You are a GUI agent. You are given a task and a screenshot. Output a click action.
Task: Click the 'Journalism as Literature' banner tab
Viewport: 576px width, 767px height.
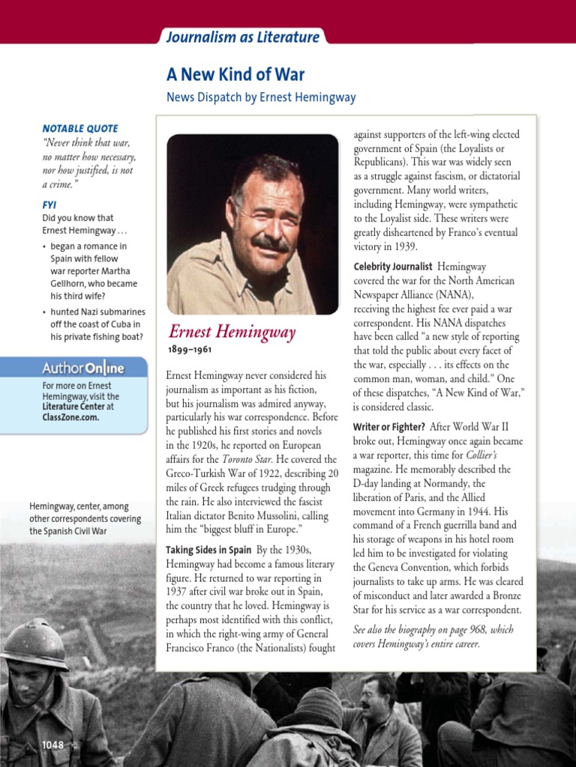click(242, 37)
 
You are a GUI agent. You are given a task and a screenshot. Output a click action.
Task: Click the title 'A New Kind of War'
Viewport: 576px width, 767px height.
click(235, 74)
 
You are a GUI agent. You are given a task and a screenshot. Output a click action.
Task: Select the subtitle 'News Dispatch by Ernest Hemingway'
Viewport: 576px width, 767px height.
click(261, 97)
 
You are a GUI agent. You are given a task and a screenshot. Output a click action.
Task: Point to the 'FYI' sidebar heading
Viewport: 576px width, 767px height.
click(49, 204)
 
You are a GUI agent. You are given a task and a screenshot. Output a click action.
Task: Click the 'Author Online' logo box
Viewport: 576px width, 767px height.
click(82, 368)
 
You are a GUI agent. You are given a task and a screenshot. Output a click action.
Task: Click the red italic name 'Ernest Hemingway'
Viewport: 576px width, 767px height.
click(232, 332)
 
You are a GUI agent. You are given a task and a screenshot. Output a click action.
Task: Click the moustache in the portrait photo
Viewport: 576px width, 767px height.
click(269, 243)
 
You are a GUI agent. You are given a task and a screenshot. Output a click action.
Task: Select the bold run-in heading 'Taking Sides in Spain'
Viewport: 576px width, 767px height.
click(208, 551)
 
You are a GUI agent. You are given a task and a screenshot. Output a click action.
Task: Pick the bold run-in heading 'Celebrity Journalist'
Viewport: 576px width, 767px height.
click(393, 266)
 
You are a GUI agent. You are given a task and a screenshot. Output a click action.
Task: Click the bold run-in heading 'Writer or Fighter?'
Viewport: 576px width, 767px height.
click(388, 427)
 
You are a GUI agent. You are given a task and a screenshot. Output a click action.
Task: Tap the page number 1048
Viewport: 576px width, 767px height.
click(52, 745)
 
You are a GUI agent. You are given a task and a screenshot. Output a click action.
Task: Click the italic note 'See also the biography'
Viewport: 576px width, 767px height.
click(433, 630)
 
